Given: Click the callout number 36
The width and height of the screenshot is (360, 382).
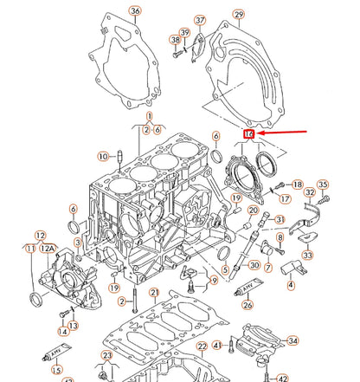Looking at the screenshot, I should point(134,11).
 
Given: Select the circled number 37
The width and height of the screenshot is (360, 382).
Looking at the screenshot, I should point(200,20).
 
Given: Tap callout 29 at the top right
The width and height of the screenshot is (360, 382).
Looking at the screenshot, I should point(239,15).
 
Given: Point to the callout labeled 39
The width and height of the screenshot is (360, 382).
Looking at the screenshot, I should point(184,32).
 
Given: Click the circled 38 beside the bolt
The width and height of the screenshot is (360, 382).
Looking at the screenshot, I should point(176,40).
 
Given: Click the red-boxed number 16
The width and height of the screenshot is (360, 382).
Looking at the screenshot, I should point(248,134).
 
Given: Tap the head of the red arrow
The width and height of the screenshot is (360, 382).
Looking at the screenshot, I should point(257,134).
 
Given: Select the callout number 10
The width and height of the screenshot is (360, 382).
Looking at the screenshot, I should point(103,156).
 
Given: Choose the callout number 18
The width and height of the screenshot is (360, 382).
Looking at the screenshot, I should point(297,185).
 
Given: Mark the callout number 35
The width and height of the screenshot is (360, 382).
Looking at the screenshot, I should point(323,185).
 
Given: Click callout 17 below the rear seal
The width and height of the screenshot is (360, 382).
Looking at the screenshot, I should point(285,198).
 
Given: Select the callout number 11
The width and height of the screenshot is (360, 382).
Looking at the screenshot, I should point(30,249).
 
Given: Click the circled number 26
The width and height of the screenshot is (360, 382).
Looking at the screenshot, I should point(247,304).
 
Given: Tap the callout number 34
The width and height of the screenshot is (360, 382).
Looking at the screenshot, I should point(292,340).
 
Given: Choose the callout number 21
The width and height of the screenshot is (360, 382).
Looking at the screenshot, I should point(154,293).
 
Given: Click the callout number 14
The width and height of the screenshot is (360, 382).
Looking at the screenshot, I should point(62,331).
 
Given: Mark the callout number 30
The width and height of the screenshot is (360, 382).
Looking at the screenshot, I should point(254,265).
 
